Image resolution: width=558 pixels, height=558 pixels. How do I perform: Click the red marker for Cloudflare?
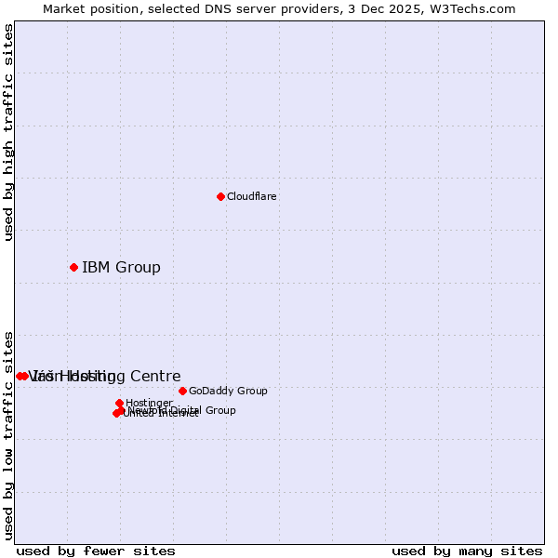tap(220, 196)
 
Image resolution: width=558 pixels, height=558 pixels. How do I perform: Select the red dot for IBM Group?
tap(73, 268)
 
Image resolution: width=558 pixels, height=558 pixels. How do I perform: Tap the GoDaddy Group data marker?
tap(182, 391)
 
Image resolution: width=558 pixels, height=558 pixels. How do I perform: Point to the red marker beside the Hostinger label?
tap(119, 403)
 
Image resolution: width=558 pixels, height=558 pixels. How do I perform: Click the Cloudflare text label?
tap(251, 196)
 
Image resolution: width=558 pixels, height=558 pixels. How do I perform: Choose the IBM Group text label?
tap(121, 268)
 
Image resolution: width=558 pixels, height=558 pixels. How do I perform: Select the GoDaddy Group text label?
tap(228, 391)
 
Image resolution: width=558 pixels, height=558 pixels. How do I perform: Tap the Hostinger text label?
tap(149, 403)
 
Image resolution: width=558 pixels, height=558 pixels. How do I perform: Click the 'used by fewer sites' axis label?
tap(96, 551)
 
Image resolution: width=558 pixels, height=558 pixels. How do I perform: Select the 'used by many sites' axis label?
tap(467, 551)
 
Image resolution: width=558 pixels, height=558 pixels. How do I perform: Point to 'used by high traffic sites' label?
tap(9, 132)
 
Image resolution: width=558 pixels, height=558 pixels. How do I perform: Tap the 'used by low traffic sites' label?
tap(9, 434)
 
